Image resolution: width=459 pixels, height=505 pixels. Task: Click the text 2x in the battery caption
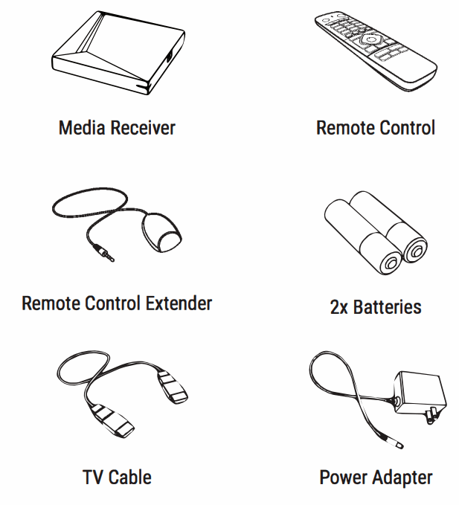click(x=339, y=306)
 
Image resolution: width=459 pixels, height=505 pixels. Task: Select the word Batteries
click(x=388, y=306)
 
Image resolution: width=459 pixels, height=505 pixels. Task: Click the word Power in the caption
click(x=344, y=477)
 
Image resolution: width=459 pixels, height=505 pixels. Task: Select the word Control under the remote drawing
click(x=406, y=128)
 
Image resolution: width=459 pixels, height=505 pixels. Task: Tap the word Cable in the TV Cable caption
click(x=130, y=476)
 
